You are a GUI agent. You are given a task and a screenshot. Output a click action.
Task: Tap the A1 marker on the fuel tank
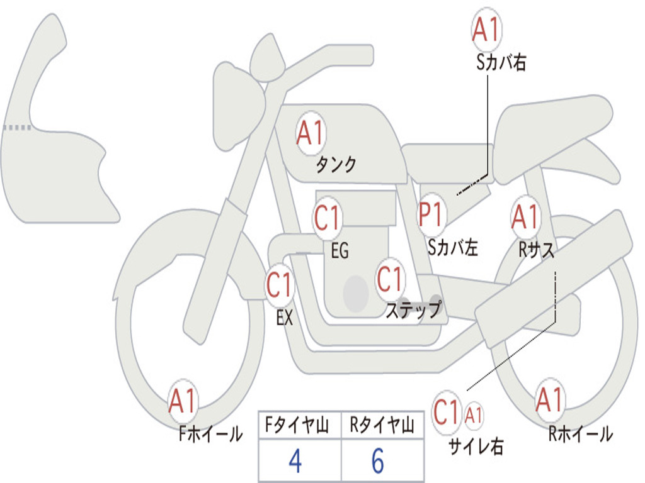point(311,133)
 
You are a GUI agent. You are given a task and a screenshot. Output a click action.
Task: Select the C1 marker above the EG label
point(328,217)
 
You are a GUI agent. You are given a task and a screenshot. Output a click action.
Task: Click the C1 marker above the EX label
point(280,284)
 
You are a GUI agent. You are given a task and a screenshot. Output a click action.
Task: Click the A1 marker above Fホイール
point(182,401)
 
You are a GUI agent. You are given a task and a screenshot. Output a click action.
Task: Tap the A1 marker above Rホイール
point(549,399)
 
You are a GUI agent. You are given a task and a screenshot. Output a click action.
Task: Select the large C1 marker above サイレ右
point(447,412)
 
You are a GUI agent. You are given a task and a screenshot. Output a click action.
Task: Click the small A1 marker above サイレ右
point(474,416)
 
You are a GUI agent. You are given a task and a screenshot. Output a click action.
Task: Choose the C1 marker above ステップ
point(390,279)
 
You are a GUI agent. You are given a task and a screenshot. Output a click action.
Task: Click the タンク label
point(336,165)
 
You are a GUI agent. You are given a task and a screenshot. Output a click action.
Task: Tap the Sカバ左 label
point(452,248)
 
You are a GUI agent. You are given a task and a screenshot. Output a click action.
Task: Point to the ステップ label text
point(413,309)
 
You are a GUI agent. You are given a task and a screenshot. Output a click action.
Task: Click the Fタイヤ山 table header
point(297,425)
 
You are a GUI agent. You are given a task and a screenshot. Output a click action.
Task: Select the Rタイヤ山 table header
point(382,425)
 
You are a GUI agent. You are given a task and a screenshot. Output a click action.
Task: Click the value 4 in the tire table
point(295,460)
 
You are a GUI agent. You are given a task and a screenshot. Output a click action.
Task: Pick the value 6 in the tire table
point(378,460)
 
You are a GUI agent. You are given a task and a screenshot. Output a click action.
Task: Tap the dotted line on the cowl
point(17,128)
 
